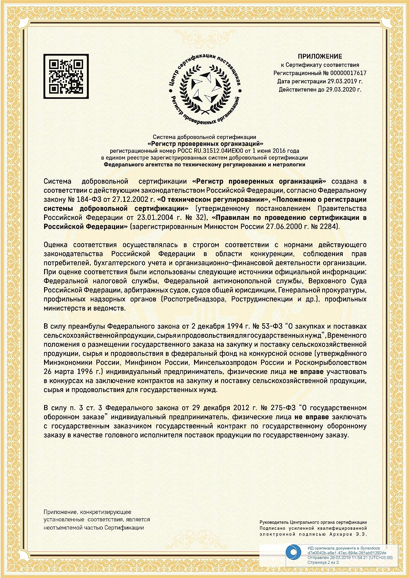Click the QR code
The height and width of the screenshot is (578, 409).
(x=66, y=76)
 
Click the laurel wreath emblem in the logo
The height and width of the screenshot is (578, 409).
(x=204, y=90)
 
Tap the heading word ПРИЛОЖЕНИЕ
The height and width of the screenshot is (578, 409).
(x=320, y=56)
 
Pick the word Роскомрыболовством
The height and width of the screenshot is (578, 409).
(x=331, y=363)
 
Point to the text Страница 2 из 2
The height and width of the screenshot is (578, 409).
(x=323, y=562)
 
